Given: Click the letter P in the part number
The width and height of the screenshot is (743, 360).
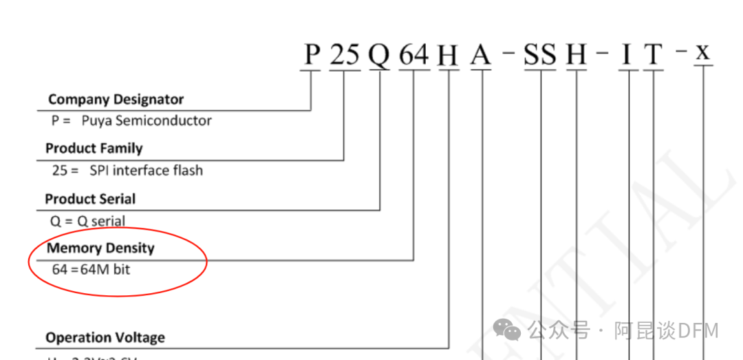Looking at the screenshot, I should coord(312,54).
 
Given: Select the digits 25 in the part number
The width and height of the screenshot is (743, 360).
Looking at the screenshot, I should coord(344,54).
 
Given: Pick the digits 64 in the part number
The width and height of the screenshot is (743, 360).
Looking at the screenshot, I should coord(413,54).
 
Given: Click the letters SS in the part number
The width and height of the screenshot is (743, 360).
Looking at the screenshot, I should coord(540,54).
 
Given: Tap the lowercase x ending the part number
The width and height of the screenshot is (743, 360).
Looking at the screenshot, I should coord(702,53).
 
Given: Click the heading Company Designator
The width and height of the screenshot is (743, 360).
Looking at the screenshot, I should coord(116,100).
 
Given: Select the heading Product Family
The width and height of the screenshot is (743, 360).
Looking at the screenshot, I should coord(94,149).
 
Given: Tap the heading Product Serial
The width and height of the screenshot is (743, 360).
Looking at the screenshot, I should coord(90,199).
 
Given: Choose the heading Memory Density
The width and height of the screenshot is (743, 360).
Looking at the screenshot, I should coord(100,248).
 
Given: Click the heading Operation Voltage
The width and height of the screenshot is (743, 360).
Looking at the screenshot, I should coord(105,338).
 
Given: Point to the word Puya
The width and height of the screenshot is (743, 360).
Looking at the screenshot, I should coord(96,121).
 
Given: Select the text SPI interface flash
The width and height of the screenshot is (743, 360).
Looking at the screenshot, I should coord(146,170).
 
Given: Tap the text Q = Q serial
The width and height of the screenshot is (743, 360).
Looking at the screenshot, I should coord(88,221).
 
